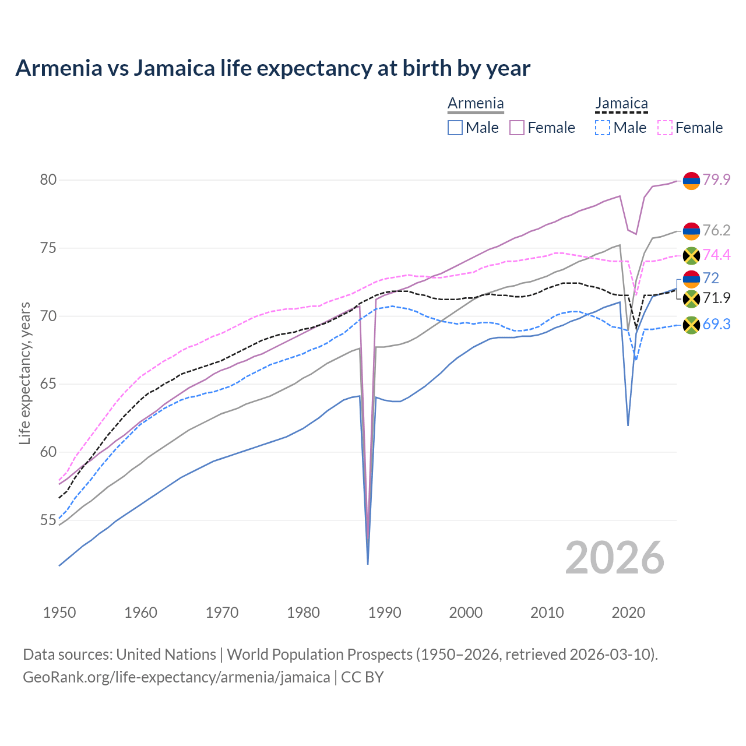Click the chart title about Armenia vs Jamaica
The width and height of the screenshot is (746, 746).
[273, 68]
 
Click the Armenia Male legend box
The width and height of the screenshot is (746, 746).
[455, 128]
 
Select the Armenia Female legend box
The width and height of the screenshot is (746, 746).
[517, 128]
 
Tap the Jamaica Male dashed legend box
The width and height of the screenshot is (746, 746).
[603, 128]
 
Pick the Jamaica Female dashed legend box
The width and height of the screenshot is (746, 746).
[665, 128]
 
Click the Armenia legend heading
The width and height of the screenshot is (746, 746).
[476, 104]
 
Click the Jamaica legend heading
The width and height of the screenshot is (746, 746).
[621, 104]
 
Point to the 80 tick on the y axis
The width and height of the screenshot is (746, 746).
[48, 180]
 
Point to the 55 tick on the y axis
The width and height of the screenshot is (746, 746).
[48, 520]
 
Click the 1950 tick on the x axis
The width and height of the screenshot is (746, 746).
[59, 613]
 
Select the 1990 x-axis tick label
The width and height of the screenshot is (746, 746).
[385, 613]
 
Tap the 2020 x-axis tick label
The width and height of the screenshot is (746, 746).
[628, 613]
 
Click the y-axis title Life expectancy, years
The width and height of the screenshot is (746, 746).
[24, 373]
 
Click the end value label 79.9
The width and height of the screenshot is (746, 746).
[716, 180]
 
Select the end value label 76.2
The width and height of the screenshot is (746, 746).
[716, 231]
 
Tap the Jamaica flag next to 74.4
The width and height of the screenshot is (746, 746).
[691, 255]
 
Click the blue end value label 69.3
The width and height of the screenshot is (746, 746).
[716, 325]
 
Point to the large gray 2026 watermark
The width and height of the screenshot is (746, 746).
[615, 558]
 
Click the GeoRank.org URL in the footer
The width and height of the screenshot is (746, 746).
[176, 677]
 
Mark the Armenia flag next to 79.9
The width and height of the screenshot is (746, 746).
[691, 181]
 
